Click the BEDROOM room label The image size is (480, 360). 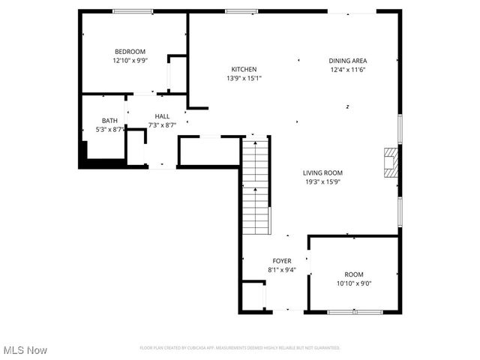[130, 52]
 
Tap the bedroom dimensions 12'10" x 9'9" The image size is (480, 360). [130, 61]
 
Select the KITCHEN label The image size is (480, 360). [244, 69]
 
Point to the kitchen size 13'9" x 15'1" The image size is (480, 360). [244, 78]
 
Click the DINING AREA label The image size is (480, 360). [348, 61]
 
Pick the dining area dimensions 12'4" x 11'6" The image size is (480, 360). [348, 70]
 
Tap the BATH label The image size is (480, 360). [109, 121]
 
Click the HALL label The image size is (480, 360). [162, 116]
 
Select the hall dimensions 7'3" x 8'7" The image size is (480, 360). [162, 125]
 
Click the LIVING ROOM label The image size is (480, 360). [322, 172]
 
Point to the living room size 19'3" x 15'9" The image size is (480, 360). [322, 181]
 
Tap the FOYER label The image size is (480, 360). [281, 261]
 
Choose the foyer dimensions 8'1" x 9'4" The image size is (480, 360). [281, 270]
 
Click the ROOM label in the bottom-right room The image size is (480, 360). [353, 274]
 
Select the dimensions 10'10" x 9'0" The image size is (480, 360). [353, 283]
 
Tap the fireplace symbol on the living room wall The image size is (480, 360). [390, 162]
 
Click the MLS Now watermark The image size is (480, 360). [25, 350]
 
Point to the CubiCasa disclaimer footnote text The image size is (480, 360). [239, 348]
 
